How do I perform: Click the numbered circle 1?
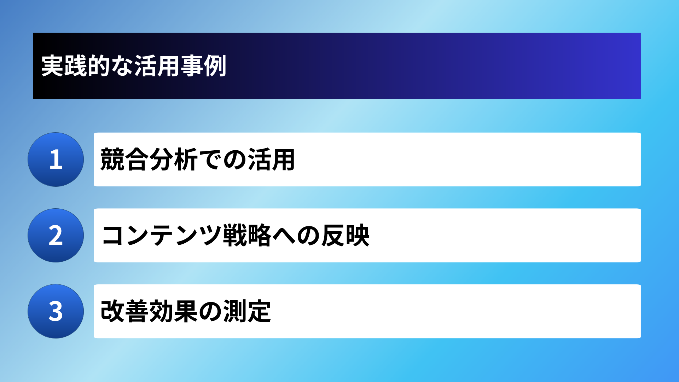point(56,160)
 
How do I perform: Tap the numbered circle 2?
point(56,236)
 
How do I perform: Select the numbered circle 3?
point(56,311)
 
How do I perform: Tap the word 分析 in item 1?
point(173,160)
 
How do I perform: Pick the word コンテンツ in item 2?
point(161,236)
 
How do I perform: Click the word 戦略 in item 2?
point(247,236)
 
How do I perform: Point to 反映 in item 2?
point(345,236)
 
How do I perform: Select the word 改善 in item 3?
point(124,312)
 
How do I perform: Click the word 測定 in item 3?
point(247,312)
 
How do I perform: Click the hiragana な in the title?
point(122,66)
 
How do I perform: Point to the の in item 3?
point(210,312)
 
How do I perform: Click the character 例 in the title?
point(215,66)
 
